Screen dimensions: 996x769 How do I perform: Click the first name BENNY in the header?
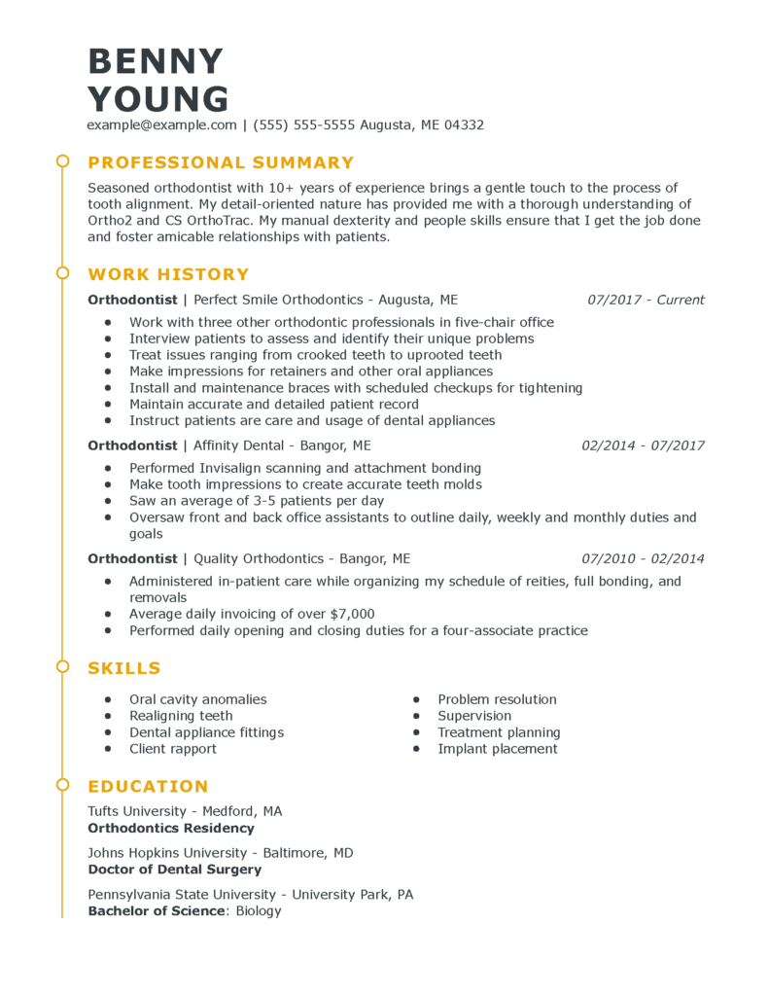[x=156, y=61]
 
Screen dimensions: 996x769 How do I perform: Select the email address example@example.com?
[x=161, y=125]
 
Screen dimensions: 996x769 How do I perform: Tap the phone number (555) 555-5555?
[x=303, y=125]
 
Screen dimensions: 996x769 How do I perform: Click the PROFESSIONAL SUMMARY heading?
[x=221, y=162]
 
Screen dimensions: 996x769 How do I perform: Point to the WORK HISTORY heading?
[x=168, y=274]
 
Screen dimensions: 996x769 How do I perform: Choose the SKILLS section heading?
[x=123, y=668]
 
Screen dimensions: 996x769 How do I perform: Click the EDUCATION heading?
[x=148, y=786]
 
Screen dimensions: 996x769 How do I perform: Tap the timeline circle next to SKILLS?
[x=62, y=666]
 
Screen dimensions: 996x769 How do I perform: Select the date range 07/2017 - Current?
[x=646, y=300]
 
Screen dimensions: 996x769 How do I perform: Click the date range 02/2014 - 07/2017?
[x=643, y=445]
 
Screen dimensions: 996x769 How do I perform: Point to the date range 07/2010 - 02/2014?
[x=643, y=558]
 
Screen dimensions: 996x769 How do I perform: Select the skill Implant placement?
[x=497, y=749]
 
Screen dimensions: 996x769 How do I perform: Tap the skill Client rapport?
[x=173, y=749]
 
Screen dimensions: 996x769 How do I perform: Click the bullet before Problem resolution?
[x=416, y=699]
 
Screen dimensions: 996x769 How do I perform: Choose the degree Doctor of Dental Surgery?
[x=174, y=870]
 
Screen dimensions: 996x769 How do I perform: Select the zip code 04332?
[x=462, y=125]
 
